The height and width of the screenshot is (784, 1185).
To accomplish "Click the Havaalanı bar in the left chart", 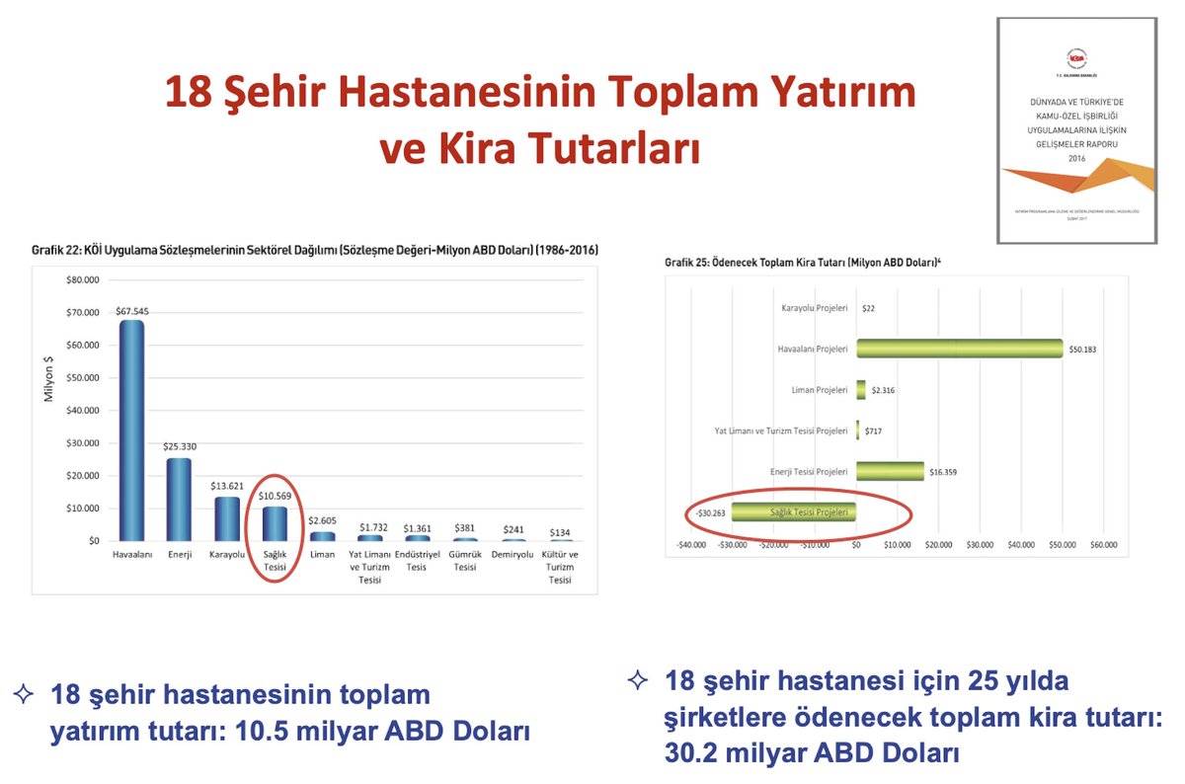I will point(132,431).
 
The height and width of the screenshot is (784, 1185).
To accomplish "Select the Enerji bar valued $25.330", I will point(179,499).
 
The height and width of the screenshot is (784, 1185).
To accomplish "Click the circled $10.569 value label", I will point(274,496).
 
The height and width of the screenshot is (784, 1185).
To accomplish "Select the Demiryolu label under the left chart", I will point(512,555).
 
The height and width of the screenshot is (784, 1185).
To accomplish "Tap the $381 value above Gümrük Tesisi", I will point(464,528).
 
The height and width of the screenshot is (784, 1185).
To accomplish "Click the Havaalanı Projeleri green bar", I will point(959,349).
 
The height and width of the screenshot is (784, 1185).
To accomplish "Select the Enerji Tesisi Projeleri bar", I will point(890,472).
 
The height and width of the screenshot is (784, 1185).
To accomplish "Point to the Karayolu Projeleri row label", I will point(814,307).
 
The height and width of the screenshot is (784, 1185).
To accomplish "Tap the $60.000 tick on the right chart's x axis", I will point(1103,544).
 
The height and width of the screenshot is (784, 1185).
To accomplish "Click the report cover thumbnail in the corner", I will point(1077,130).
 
